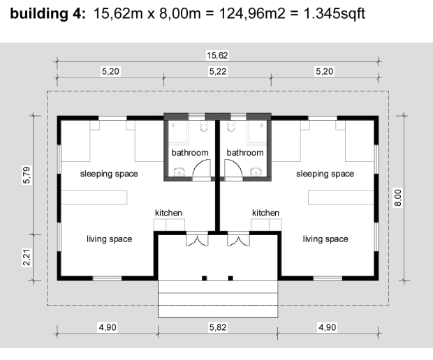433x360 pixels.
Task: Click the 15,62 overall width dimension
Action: [x=217, y=55]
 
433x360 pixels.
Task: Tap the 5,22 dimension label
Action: [x=218, y=71]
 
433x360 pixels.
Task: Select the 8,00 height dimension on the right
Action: [x=398, y=197]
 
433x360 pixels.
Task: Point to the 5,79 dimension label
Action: [x=27, y=175]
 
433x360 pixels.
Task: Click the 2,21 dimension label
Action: [x=27, y=257]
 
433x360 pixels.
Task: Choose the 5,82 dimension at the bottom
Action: [x=218, y=327]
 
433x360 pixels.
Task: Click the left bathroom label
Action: [x=190, y=153]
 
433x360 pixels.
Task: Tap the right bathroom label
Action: [x=245, y=153]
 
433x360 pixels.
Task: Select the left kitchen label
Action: [x=168, y=213]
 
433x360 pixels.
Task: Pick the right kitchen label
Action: [x=265, y=213]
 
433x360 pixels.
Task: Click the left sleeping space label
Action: [x=109, y=174]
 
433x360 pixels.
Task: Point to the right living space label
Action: [x=325, y=239]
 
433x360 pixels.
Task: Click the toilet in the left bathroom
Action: [x=204, y=126]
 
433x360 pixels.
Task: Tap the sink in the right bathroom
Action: [x=256, y=172]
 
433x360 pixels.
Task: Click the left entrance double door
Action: [x=197, y=239]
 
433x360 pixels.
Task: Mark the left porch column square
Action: [x=205, y=278]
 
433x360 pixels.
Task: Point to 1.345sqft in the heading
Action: [x=335, y=13]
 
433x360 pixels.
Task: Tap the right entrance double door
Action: [x=238, y=239]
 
